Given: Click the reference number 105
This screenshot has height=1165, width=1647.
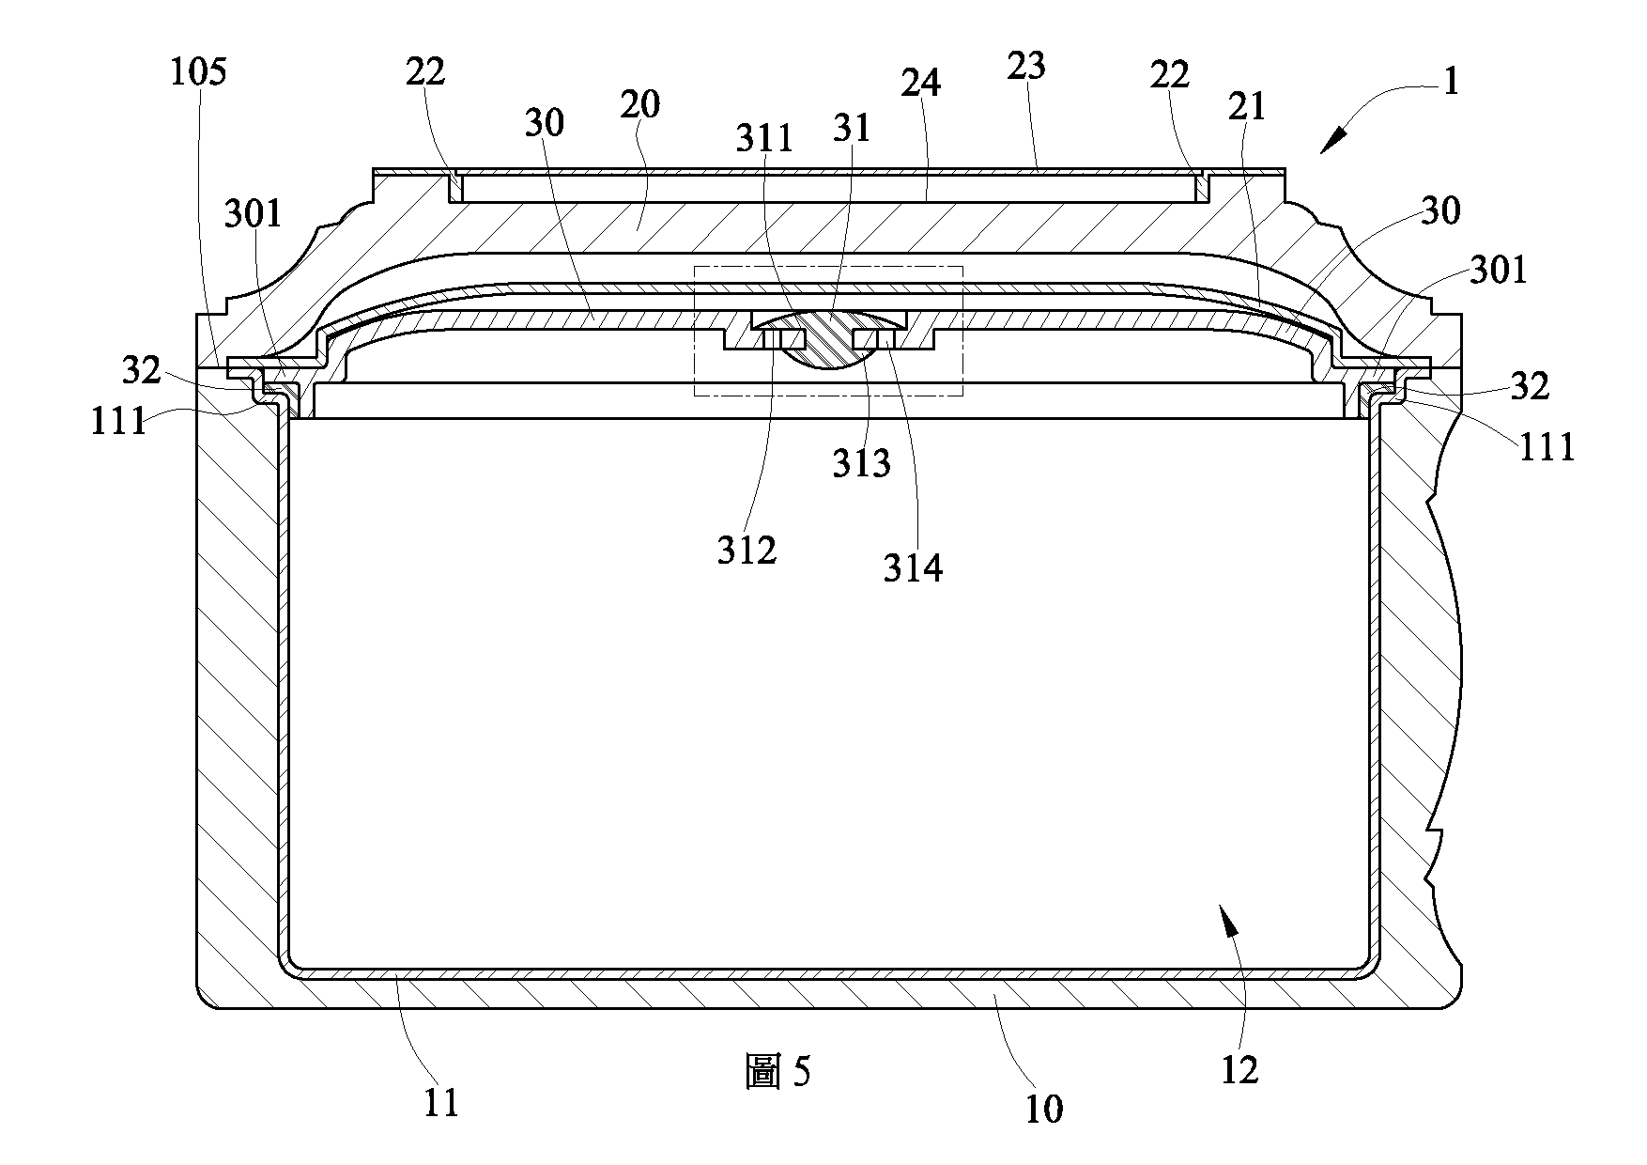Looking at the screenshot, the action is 198,71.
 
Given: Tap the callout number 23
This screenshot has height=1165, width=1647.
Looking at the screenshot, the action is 1026,66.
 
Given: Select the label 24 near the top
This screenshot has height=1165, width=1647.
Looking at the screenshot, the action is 920,83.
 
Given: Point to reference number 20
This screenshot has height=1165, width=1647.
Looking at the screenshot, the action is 640,104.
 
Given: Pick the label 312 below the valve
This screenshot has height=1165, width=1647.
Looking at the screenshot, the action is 747,551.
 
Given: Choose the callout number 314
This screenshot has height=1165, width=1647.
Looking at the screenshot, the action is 913,567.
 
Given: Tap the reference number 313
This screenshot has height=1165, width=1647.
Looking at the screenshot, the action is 862,463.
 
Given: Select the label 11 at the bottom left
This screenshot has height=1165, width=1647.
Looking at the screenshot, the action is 441,1101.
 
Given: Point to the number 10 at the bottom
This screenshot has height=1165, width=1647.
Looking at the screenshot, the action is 1043,1109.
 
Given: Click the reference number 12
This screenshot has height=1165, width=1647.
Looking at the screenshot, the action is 1239,1069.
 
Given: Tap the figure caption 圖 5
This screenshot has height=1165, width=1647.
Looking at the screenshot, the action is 778,1072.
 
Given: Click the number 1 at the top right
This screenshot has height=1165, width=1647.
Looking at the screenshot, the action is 1451,83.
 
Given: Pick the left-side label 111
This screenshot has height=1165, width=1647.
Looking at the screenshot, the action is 118,421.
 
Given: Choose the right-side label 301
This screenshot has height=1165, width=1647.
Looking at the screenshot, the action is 1499,271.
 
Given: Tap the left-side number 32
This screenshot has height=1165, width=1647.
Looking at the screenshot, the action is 142,371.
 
